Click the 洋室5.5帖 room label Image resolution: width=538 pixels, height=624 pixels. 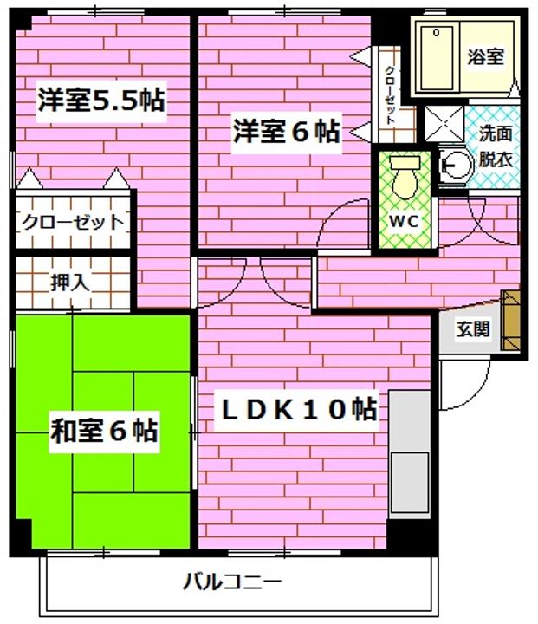[x=100, y=100]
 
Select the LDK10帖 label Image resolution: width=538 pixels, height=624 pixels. [x=295, y=408]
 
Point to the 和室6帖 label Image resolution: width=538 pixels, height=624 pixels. [x=104, y=430]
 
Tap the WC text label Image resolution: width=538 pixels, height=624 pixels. [x=403, y=220]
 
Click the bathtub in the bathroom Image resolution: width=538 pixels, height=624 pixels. [x=436, y=57]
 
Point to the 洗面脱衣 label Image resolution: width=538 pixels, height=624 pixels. [x=496, y=147]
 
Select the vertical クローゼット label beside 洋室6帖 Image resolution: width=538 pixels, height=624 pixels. [x=391, y=95]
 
